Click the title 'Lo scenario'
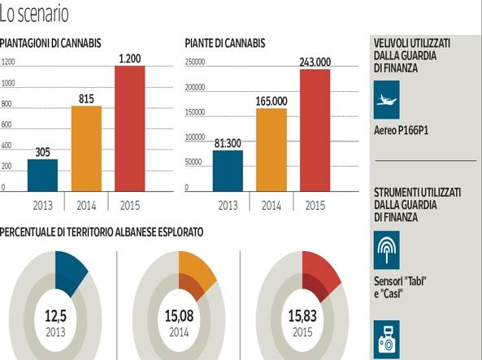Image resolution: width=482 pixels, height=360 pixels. (34, 14)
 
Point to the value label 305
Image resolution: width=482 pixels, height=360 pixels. (42, 151)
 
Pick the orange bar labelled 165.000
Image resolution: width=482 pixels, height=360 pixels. (271, 150)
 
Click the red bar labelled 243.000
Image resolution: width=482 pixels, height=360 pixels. (315, 130)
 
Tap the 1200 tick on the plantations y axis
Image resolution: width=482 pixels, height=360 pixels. (8, 62)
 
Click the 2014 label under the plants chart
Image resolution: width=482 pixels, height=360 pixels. (271, 205)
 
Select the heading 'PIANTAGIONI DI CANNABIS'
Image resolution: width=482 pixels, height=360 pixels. (50, 43)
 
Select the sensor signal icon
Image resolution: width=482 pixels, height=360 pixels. (386, 249)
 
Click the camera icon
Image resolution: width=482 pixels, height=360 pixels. (386, 339)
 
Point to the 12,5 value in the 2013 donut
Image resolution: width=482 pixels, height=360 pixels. (54, 314)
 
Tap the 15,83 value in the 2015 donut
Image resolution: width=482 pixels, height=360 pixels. (302, 314)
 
